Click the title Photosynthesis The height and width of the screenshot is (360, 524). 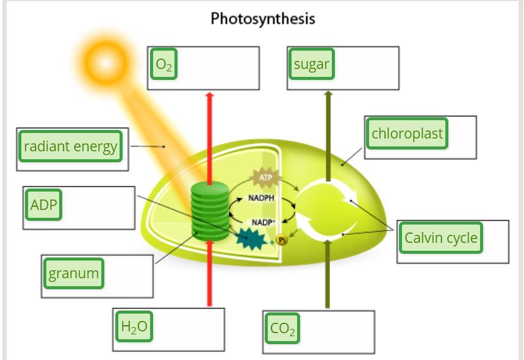263,19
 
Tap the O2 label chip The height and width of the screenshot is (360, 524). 163,64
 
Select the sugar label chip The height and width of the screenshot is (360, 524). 311,64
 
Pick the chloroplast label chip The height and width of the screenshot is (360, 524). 407,133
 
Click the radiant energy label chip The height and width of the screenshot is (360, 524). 70,146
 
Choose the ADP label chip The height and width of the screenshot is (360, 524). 43,204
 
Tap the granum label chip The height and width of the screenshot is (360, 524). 73,273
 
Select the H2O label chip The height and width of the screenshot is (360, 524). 134,326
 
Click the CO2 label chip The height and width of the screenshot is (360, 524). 282,328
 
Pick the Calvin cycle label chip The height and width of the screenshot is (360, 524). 440,237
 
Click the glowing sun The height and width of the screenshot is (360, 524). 106,62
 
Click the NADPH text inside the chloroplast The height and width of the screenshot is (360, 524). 261,198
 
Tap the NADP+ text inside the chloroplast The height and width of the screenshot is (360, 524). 263,222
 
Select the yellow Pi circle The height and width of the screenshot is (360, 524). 281,240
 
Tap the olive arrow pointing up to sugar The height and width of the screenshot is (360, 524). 328,134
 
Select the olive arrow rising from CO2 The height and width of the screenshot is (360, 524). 328,275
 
